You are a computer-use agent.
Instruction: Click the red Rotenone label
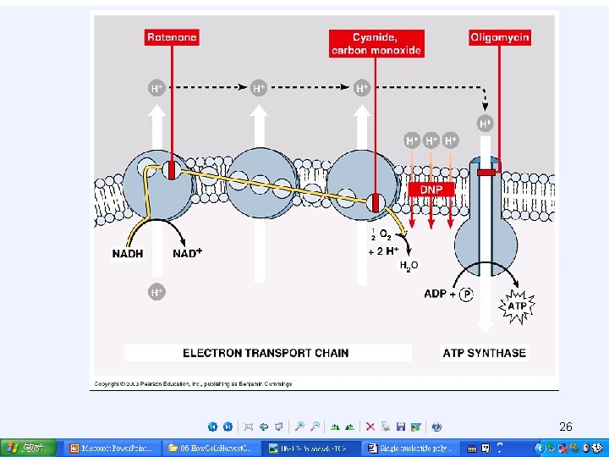pyautogui.click(x=172, y=37)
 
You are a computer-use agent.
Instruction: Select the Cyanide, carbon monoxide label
pyautogui.click(x=376, y=43)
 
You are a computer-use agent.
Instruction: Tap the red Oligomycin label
pyautogui.click(x=500, y=37)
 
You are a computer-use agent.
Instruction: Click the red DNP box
pyautogui.click(x=431, y=190)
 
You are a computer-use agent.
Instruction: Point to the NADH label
pyautogui.click(x=128, y=253)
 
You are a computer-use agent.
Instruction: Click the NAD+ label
pyautogui.click(x=188, y=253)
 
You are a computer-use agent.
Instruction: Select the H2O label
pyautogui.click(x=408, y=266)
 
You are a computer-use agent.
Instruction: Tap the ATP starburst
pyautogui.click(x=515, y=306)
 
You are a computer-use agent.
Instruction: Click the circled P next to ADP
pyautogui.click(x=467, y=295)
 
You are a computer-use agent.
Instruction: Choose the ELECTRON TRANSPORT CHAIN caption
pyautogui.click(x=266, y=353)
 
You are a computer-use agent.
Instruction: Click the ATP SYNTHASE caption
pyautogui.click(x=484, y=353)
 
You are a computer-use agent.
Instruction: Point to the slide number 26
pyautogui.click(x=566, y=427)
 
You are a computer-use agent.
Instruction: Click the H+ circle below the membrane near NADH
pyautogui.click(x=156, y=292)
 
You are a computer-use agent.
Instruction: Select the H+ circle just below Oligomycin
pyautogui.click(x=486, y=124)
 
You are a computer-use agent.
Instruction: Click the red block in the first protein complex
pyautogui.click(x=170, y=169)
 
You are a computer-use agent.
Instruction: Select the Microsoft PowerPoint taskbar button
pyautogui.click(x=109, y=448)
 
